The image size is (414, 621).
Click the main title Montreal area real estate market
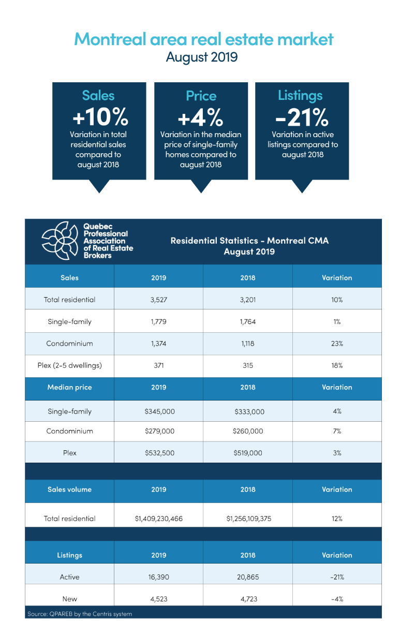(x=204, y=39)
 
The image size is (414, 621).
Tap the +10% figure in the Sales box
(x=99, y=117)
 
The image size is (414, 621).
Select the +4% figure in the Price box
(x=201, y=118)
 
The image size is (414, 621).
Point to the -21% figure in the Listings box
(x=302, y=117)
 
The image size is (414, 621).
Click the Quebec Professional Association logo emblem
(x=61, y=241)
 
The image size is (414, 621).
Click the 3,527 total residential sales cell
(x=158, y=300)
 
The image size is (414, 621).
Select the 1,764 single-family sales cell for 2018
(x=248, y=322)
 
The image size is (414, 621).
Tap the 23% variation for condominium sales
(x=337, y=344)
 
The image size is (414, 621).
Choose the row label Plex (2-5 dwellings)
(x=70, y=365)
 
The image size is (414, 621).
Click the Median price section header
(x=70, y=388)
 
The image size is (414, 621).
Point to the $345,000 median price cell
(x=158, y=411)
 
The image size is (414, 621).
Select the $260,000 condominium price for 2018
(x=248, y=431)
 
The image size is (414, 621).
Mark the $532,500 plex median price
(x=158, y=453)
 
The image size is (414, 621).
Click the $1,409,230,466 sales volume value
(x=158, y=519)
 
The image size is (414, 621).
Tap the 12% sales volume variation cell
(x=337, y=519)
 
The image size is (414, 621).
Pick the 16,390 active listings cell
(x=158, y=577)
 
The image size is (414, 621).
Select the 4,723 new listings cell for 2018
(x=248, y=599)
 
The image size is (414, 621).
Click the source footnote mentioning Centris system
(x=79, y=614)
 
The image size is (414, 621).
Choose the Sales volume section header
(x=70, y=490)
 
